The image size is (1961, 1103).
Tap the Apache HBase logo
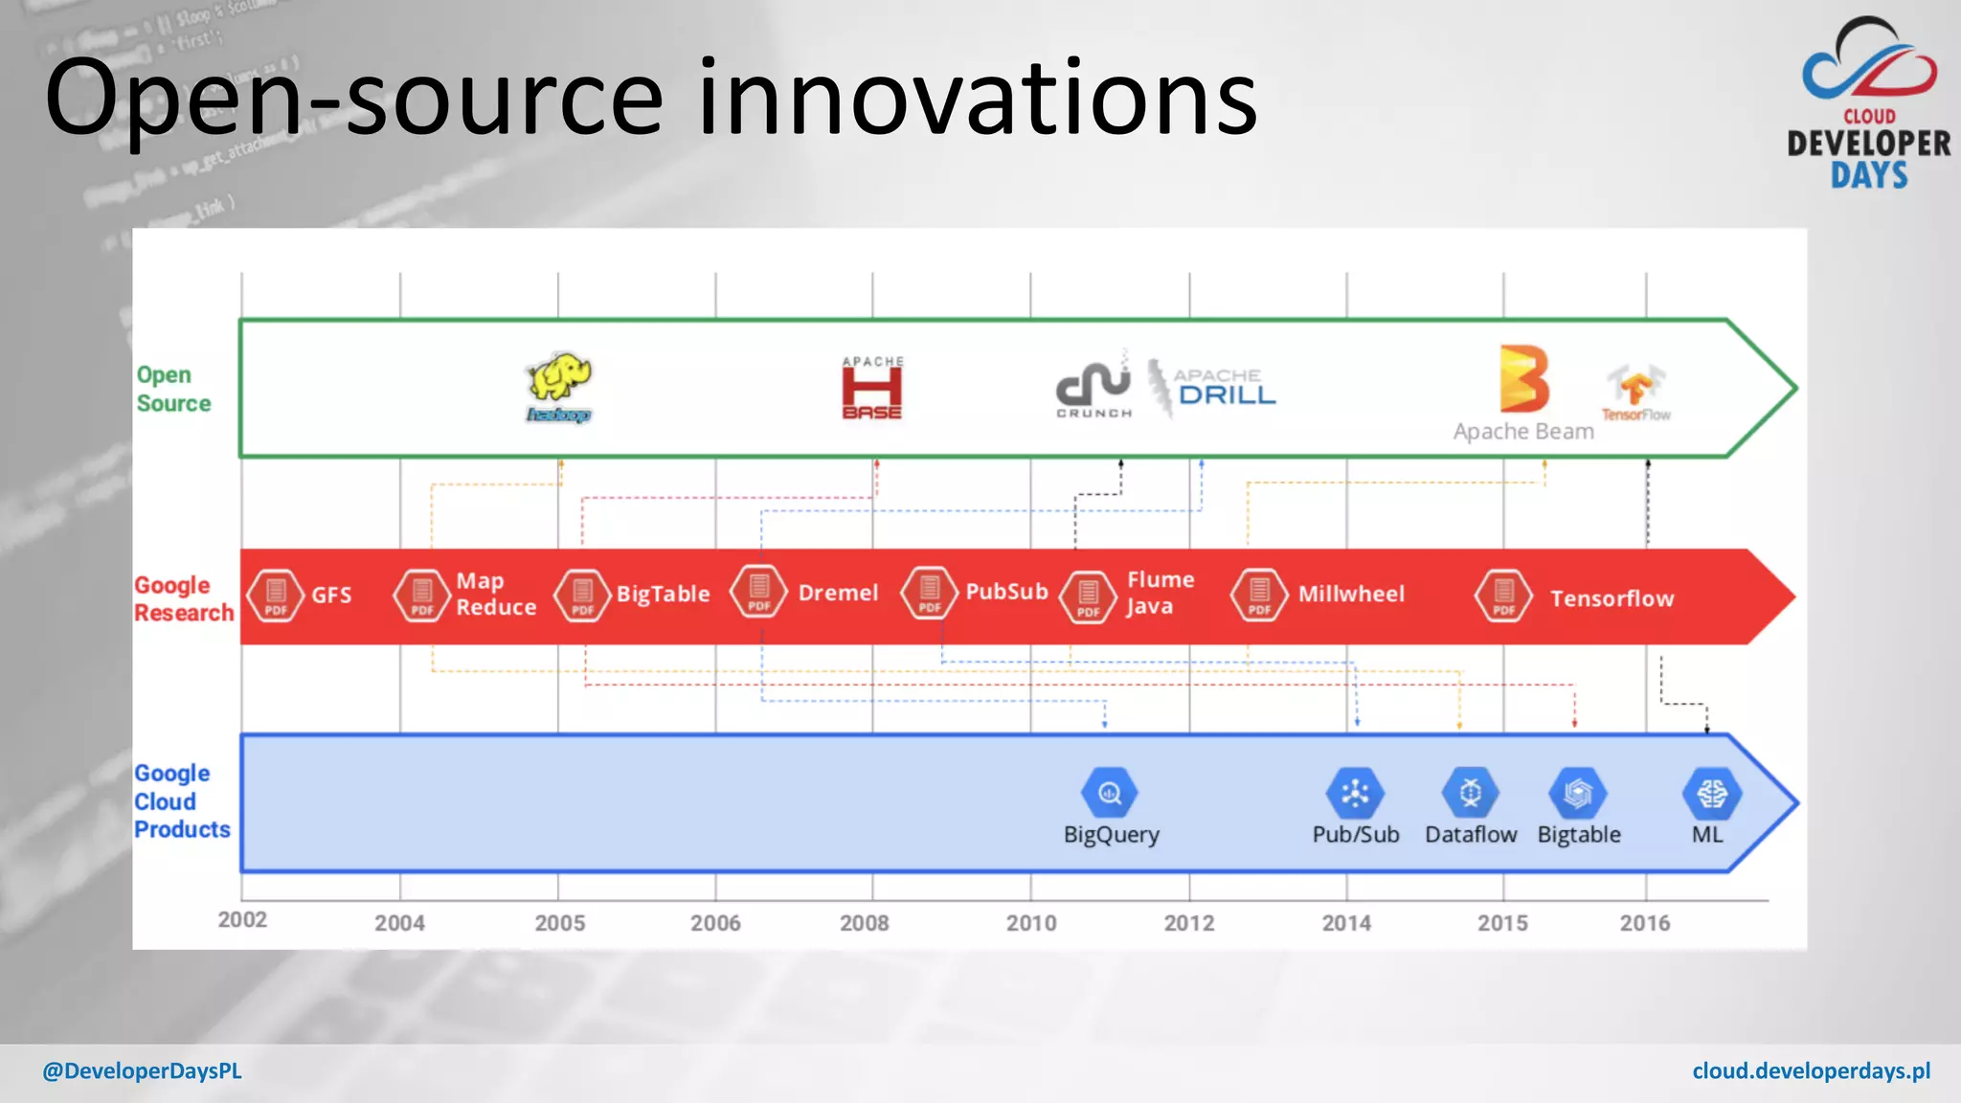[x=871, y=388]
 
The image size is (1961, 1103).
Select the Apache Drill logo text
[x=1225, y=388]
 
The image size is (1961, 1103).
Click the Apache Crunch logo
[x=1093, y=386]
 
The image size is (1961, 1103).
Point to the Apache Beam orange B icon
[x=1523, y=378]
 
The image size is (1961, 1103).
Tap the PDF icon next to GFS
[x=276, y=595]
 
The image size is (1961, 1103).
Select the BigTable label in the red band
[x=663, y=594]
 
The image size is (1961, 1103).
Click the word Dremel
[x=838, y=593]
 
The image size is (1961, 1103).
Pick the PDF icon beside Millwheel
[x=1259, y=595]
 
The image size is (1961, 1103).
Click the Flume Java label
[x=1160, y=593]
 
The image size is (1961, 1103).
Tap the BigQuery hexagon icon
[x=1109, y=793]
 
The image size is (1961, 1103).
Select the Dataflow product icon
[x=1470, y=793]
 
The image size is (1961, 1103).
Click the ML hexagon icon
[x=1711, y=793]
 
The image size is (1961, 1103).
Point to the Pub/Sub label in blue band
[x=1355, y=834]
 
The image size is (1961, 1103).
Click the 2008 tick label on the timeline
[x=864, y=923]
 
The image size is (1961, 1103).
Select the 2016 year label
[x=1644, y=923]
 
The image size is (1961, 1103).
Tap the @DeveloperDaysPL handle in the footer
[x=142, y=1070]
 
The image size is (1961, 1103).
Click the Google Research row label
[x=183, y=598]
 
